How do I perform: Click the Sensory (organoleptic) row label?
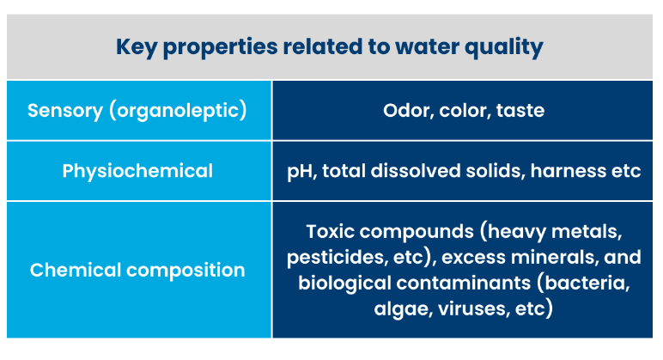[137, 111]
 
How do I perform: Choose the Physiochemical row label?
[137, 171]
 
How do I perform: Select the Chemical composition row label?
[137, 270]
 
